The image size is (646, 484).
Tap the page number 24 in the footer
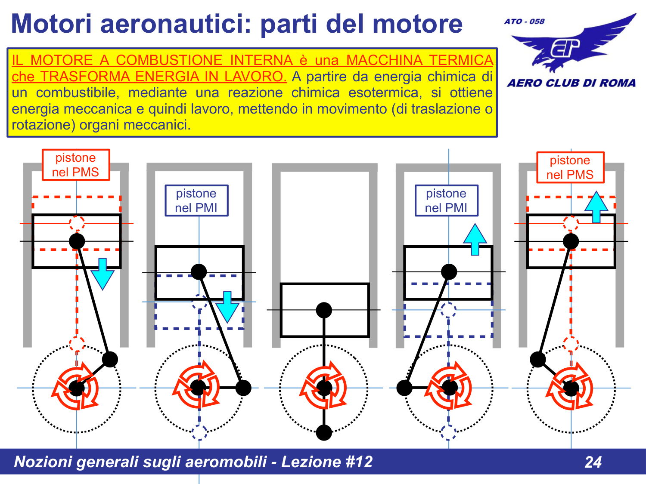(593, 462)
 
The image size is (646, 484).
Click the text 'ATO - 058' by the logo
(524, 21)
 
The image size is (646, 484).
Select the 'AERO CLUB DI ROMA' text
(571, 83)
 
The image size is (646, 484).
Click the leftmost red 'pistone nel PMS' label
(76, 165)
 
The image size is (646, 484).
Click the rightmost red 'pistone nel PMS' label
(570, 167)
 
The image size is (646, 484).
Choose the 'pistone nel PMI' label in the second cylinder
(196, 200)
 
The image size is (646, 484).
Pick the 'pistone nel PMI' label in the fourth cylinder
(446, 200)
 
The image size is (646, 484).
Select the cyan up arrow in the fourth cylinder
(475, 239)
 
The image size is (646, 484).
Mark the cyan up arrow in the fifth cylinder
(596, 207)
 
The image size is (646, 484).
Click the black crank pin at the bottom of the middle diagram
(324, 432)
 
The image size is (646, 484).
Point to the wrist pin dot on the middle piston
(324, 310)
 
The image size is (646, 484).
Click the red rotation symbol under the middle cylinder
(324, 387)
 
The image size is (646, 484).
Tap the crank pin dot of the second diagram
(243, 388)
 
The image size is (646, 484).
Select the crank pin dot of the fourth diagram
(404, 388)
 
